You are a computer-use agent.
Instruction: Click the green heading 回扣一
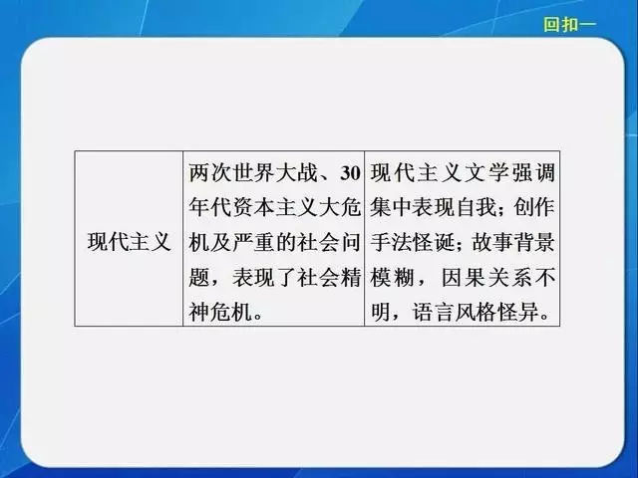click(569, 24)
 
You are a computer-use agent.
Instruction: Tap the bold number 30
click(350, 173)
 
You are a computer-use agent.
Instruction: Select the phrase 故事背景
click(513, 243)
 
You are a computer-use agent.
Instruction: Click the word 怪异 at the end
click(519, 313)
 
